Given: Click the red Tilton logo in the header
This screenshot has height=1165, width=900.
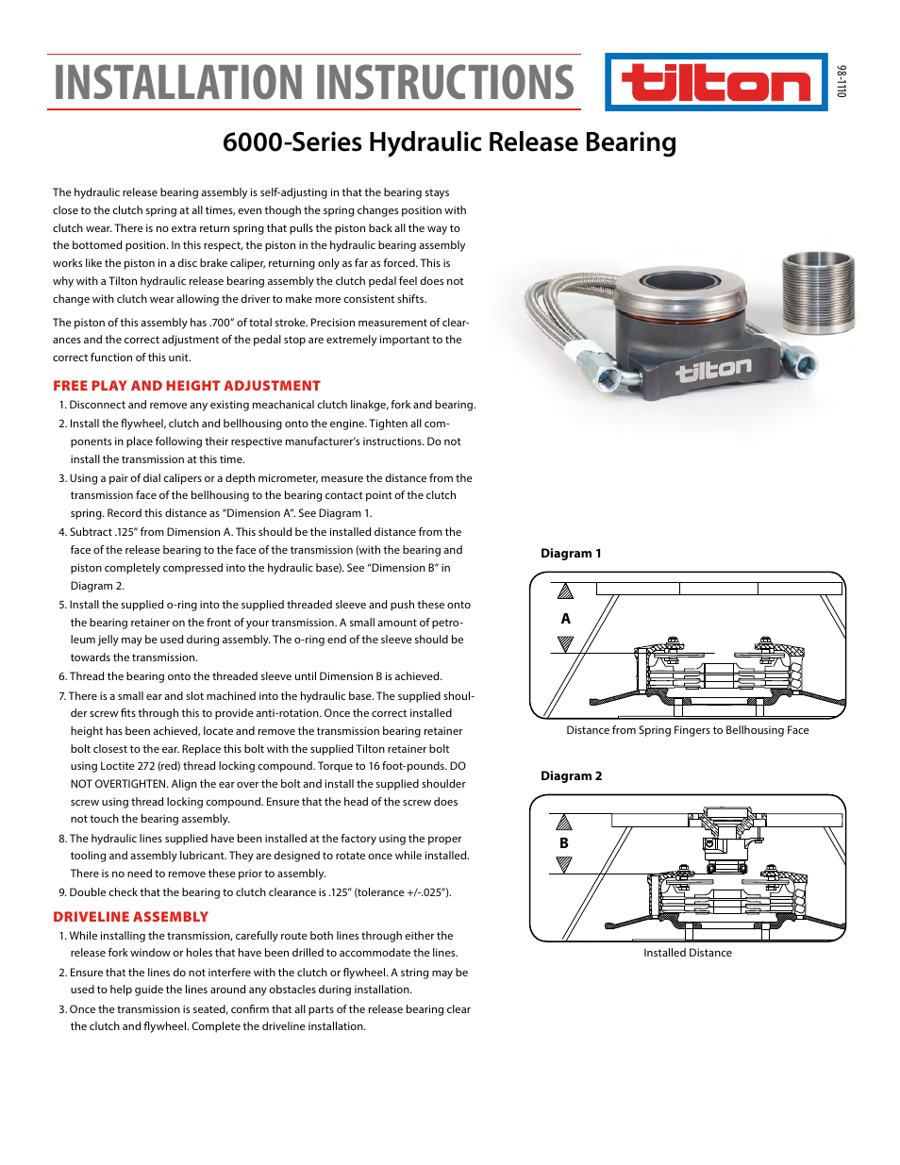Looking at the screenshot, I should click(716, 83).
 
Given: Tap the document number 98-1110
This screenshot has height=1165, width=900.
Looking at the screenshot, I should click(841, 81).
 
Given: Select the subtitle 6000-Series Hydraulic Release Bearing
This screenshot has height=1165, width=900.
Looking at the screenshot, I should click(449, 141).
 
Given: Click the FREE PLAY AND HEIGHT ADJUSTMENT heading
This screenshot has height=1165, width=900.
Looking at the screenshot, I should click(187, 386).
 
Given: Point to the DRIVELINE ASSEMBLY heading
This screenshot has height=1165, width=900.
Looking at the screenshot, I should click(130, 917).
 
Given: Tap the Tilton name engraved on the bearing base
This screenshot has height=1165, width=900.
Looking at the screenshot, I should click(713, 370).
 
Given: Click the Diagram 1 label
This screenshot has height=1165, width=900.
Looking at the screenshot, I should click(571, 554).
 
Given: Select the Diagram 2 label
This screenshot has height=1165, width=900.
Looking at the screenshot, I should click(571, 776).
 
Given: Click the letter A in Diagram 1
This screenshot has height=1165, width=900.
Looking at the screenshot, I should click(565, 619).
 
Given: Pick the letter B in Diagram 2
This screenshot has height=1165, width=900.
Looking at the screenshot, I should click(564, 843).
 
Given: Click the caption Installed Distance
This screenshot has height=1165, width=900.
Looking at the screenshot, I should click(687, 953).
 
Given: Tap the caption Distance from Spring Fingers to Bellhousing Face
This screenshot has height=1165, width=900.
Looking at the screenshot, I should click(687, 730).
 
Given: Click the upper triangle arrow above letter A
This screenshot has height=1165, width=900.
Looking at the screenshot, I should click(565, 592).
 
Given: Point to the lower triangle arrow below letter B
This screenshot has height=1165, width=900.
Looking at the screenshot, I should click(564, 864).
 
